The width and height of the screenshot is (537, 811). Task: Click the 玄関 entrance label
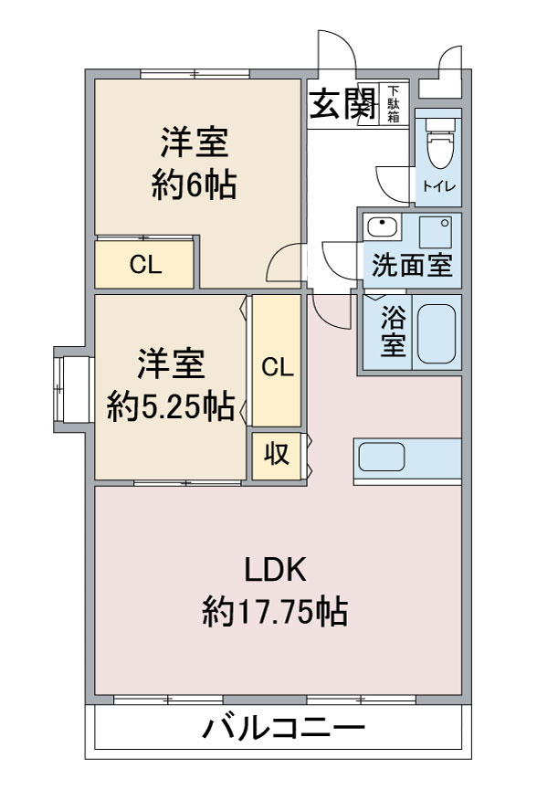tap(342, 103)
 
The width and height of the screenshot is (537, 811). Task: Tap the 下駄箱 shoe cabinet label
tap(394, 103)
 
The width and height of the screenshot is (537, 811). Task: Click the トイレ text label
tap(438, 186)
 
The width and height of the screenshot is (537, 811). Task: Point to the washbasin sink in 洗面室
tap(383, 226)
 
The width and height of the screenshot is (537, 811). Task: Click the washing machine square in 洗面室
tap(436, 232)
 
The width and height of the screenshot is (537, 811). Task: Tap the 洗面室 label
tap(412, 265)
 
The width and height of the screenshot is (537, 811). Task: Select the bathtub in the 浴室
tap(437, 333)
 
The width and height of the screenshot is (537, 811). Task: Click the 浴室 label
tap(394, 331)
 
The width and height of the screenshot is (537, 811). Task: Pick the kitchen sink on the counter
tap(382, 457)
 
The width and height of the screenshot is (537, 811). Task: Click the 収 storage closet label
tap(277, 455)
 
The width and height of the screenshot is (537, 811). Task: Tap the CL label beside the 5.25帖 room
tap(278, 367)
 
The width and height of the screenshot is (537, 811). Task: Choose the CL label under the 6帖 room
tap(145, 265)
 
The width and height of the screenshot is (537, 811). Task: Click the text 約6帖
tap(195, 185)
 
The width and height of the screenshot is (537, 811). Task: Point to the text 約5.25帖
tap(172, 406)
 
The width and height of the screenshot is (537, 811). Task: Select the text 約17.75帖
tap(275, 612)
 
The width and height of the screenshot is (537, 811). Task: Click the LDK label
tap(275, 570)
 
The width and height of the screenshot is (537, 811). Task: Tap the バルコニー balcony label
tap(283, 728)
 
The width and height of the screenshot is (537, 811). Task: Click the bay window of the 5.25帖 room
tap(73, 390)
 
